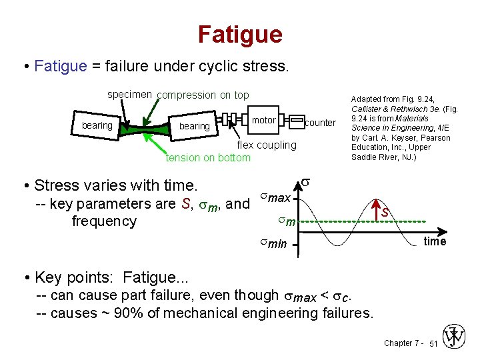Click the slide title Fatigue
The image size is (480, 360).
(240, 34)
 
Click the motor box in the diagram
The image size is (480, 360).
(264, 120)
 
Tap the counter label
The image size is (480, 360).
(320, 123)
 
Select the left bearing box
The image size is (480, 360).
(97, 125)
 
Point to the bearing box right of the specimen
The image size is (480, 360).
(194, 126)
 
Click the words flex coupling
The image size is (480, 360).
(267, 145)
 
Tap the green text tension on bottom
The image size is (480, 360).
(208, 157)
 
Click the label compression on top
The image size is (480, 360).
(203, 95)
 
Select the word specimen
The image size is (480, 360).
(130, 95)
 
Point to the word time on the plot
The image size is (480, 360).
(435, 241)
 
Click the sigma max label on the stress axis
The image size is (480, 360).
(275, 198)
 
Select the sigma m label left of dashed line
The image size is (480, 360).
(285, 221)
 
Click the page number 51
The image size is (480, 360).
(433, 343)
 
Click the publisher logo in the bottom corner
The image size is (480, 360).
(455, 337)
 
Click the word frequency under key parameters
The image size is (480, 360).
(104, 221)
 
